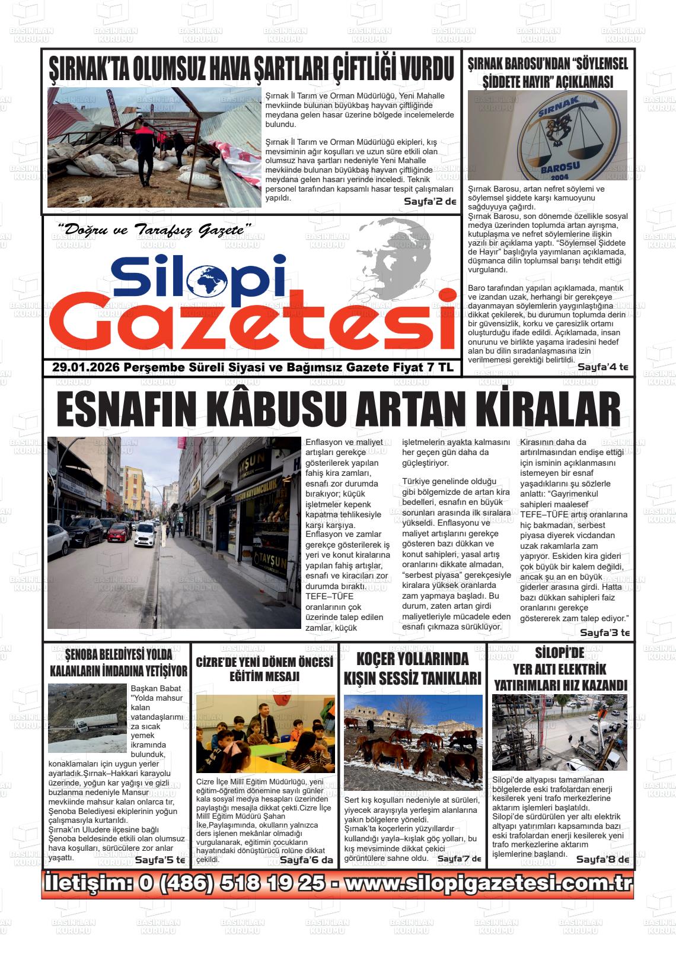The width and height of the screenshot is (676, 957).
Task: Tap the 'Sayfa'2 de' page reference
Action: pyautogui.click(x=430, y=202)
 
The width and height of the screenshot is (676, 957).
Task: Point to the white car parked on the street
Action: pyautogui.click(x=145, y=536)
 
